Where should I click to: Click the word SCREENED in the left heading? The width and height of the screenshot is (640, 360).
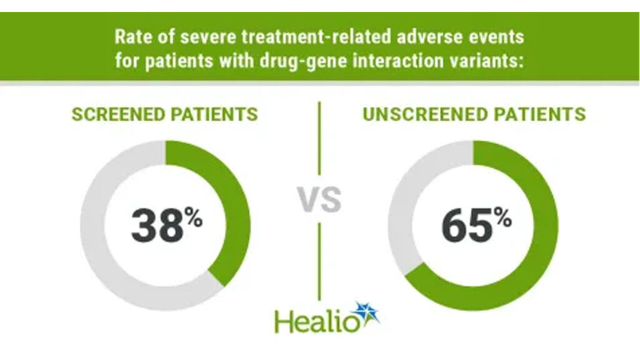[118, 114]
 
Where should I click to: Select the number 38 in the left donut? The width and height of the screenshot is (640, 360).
[157, 226]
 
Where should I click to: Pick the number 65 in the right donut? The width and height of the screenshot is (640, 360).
[467, 226]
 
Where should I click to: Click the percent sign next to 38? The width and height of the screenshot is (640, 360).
[194, 217]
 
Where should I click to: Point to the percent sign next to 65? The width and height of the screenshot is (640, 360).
[502, 217]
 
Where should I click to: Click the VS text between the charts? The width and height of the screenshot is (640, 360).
[319, 200]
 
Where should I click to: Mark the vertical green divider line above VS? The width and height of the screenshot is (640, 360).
[319, 138]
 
